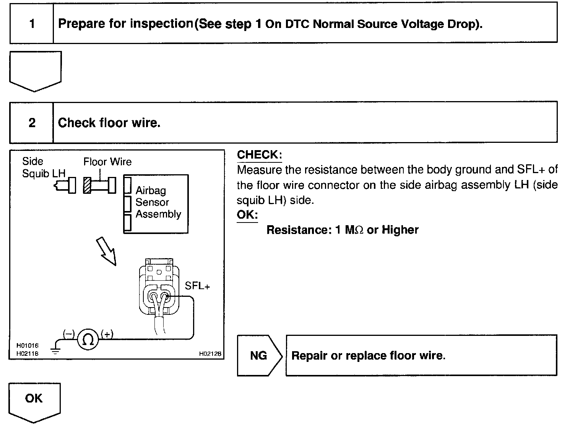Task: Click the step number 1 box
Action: click(x=32, y=24)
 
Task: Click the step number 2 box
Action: click(x=32, y=123)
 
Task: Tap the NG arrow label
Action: click(x=259, y=355)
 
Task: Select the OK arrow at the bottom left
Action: click(x=34, y=401)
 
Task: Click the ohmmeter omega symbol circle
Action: click(x=88, y=339)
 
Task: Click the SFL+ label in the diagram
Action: click(x=197, y=286)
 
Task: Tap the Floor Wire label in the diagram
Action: click(x=107, y=162)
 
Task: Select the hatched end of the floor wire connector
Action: click(x=87, y=186)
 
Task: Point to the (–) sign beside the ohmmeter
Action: click(x=69, y=334)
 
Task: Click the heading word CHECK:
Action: click(x=259, y=155)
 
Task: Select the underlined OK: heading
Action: click(x=247, y=214)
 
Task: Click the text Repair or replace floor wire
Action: click(x=368, y=355)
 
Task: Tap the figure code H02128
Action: click(x=210, y=354)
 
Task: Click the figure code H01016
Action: click(x=27, y=345)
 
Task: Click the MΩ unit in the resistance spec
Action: click(x=354, y=230)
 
